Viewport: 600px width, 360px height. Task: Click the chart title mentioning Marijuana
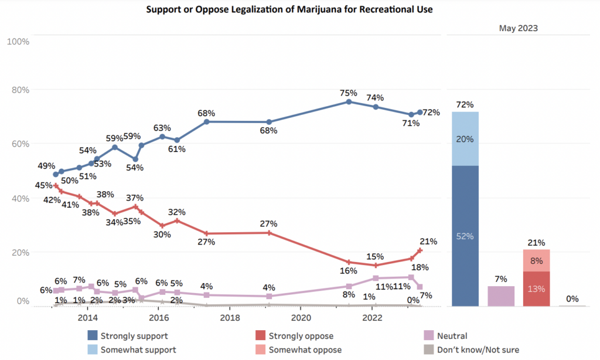289,10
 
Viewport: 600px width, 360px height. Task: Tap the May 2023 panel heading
519,28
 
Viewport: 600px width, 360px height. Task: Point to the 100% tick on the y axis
18,41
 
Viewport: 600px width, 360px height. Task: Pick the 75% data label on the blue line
349,93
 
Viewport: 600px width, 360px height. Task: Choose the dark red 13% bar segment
537,288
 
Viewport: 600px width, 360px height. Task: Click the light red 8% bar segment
537,260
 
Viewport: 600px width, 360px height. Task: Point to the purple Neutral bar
501,296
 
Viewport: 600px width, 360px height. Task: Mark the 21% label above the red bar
537,242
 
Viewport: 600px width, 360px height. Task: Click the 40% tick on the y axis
21,198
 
